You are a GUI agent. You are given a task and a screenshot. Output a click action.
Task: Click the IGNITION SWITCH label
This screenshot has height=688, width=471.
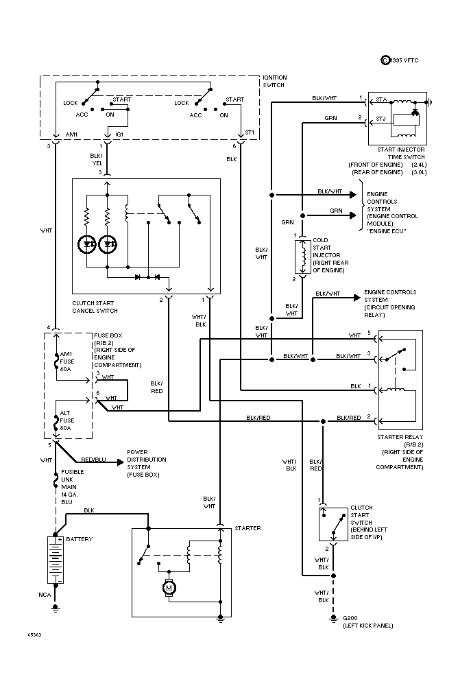point(274,81)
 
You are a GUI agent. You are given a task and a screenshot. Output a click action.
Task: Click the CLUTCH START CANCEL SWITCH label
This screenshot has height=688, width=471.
point(104,307)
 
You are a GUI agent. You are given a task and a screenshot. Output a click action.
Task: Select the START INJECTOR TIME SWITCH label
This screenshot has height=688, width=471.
point(400,153)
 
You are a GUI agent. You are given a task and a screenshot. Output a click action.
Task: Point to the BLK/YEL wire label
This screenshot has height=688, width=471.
point(96,160)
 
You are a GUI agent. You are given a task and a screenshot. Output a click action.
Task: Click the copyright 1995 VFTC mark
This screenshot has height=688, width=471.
point(400,61)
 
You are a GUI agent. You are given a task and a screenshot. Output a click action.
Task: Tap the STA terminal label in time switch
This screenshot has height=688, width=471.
point(381,100)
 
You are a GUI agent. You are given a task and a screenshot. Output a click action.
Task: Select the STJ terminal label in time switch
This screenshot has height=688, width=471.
point(381,119)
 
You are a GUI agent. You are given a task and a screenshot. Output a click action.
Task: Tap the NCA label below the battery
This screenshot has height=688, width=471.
point(44,595)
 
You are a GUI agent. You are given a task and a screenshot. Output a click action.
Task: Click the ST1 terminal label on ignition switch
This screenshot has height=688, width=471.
point(249,133)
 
